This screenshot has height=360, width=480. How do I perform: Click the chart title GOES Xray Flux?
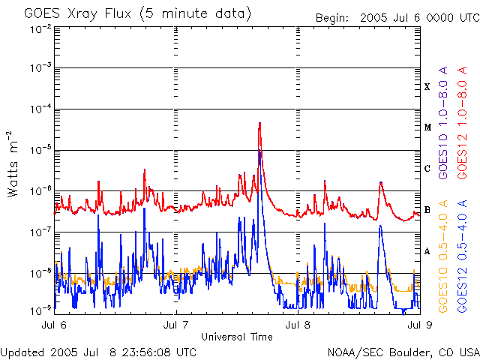coord(137,13)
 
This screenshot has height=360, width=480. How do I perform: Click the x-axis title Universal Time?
coord(237,337)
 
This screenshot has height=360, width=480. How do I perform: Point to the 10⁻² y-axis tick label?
coord(40,29)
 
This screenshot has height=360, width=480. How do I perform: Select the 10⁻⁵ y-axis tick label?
coord(40,150)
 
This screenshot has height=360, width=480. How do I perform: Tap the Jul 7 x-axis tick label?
coord(176,325)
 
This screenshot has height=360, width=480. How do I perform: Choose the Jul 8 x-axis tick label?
coord(298,325)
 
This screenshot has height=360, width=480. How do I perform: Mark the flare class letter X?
coord(427,87)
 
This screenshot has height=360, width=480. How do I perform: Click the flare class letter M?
coord(427,127)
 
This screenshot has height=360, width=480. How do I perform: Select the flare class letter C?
coord(427,169)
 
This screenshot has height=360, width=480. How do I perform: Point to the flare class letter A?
coord(427,251)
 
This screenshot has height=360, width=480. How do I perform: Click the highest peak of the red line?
coord(259,123)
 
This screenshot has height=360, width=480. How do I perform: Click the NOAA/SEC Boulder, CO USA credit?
coord(403,352)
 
